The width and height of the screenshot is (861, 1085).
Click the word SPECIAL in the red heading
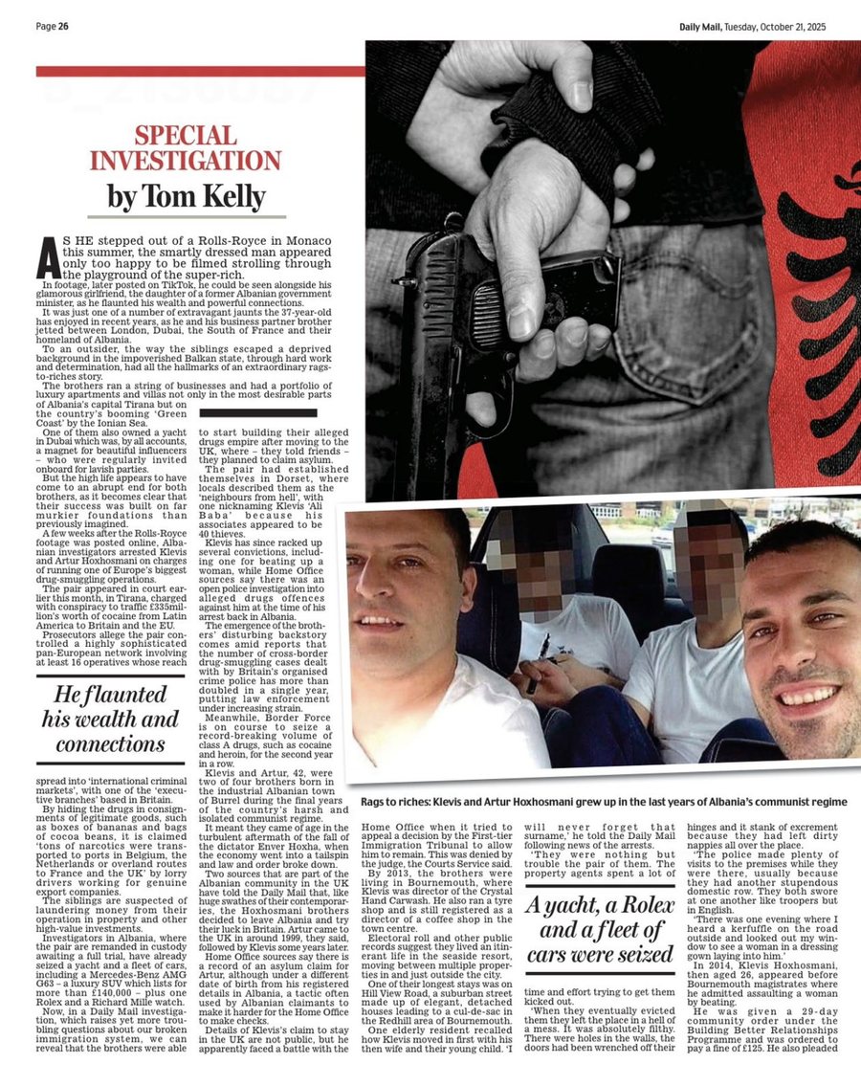coord(199,136)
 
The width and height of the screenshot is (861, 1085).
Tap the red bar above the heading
coord(200,71)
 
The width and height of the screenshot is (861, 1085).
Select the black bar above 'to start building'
coord(257,413)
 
